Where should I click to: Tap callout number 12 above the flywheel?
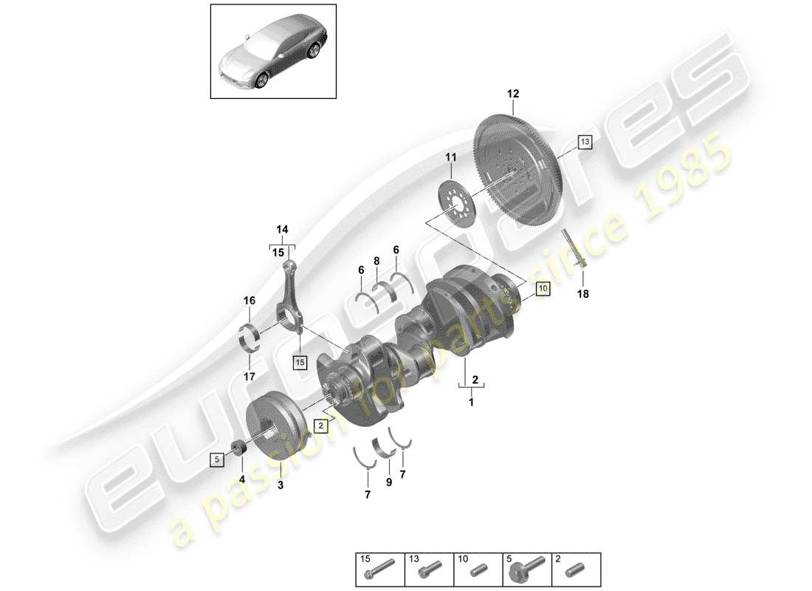pyautogui.click(x=513, y=94)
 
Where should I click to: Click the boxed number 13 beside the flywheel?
pyautogui.click(x=585, y=141)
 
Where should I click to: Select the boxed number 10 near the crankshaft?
pyautogui.click(x=543, y=288)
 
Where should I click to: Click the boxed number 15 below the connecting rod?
pyautogui.click(x=299, y=362)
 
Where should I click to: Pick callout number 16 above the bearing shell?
pyautogui.click(x=250, y=301)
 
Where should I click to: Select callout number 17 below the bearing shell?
pyautogui.click(x=250, y=376)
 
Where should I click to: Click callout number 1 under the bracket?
pyautogui.click(x=471, y=403)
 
